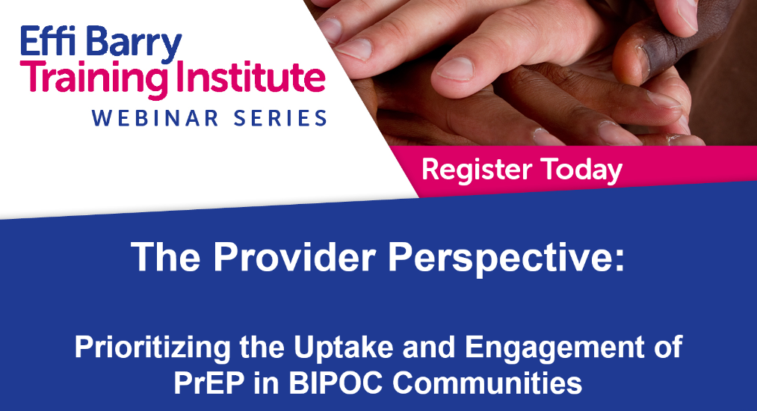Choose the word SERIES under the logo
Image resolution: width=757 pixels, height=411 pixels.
(x=280, y=118)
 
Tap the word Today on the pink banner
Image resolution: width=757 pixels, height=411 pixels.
(x=581, y=170)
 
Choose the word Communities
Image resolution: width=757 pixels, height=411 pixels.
(x=486, y=383)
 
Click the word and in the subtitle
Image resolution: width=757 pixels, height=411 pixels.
(x=429, y=347)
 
